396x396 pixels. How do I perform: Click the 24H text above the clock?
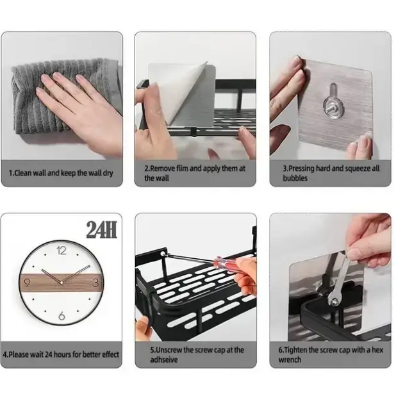tap(101, 230)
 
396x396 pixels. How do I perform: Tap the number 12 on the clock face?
tap(62, 251)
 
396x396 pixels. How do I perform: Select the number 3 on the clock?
tap(95, 283)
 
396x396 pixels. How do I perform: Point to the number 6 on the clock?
tap(62, 316)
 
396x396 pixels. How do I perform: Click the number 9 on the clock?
tap(28, 283)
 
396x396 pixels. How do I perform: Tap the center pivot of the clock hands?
tap(62, 282)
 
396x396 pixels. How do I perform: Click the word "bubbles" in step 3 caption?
tap(295, 178)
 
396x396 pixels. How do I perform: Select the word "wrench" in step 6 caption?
tap(290, 359)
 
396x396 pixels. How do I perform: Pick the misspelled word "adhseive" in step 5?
tap(164, 359)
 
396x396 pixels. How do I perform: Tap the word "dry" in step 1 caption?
tap(108, 173)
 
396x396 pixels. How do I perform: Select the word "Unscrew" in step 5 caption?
tap(169, 350)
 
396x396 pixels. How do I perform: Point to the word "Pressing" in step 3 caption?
tap(302, 169)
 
